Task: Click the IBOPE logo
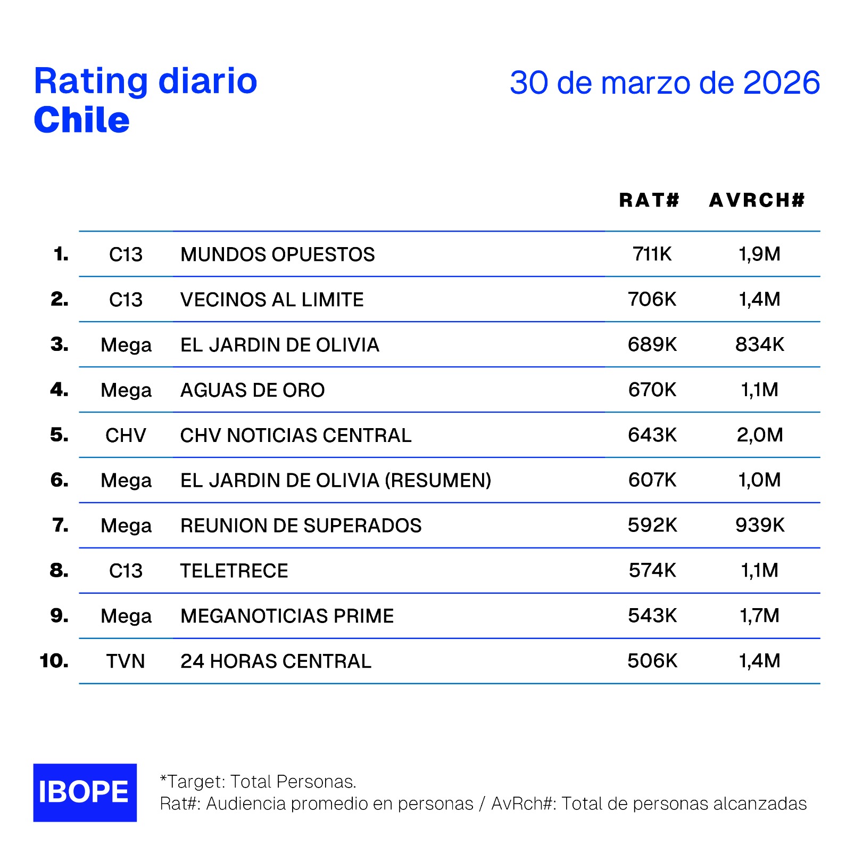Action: click(85, 792)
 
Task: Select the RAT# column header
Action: click(649, 200)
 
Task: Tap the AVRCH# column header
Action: click(757, 200)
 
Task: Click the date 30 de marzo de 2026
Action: click(665, 83)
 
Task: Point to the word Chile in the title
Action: click(81, 120)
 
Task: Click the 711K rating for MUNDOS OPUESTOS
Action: click(652, 254)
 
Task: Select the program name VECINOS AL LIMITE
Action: click(272, 300)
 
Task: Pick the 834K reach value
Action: click(759, 345)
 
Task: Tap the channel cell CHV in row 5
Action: click(126, 436)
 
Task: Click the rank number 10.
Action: click(54, 661)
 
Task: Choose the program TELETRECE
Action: click(234, 571)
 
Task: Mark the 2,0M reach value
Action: click(759, 435)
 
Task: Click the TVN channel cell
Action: click(126, 661)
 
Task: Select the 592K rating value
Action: click(652, 525)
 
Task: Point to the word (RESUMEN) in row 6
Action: click(438, 480)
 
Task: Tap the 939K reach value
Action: click(759, 525)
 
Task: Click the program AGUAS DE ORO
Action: click(252, 390)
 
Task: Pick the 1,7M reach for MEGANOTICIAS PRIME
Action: click(759, 616)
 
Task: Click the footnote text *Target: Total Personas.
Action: click(258, 781)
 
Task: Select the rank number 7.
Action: click(60, 526)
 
